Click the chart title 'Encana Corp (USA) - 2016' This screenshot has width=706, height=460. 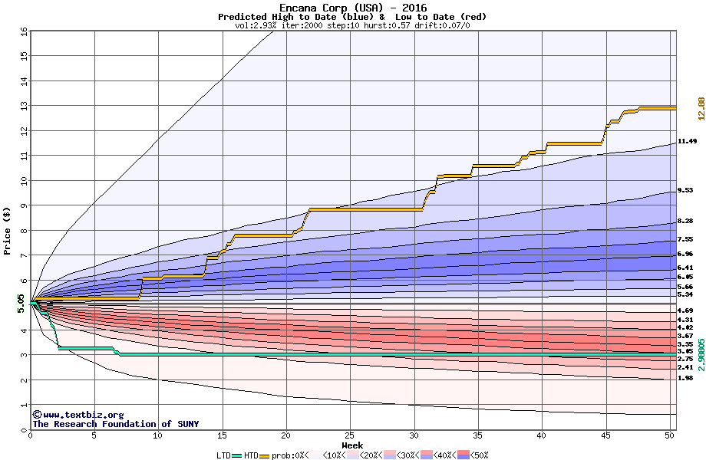click(352, 8)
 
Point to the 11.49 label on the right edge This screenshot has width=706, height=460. click(687, 141)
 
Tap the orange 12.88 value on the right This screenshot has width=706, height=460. click(700, 108)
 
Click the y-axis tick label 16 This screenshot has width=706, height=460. click(22, 31)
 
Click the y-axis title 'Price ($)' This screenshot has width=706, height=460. click(8, 230)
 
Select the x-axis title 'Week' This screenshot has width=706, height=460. click(352, 445)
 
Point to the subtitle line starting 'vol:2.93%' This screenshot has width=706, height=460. click(352, 25)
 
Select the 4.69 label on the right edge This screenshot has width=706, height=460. click(685, 310)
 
